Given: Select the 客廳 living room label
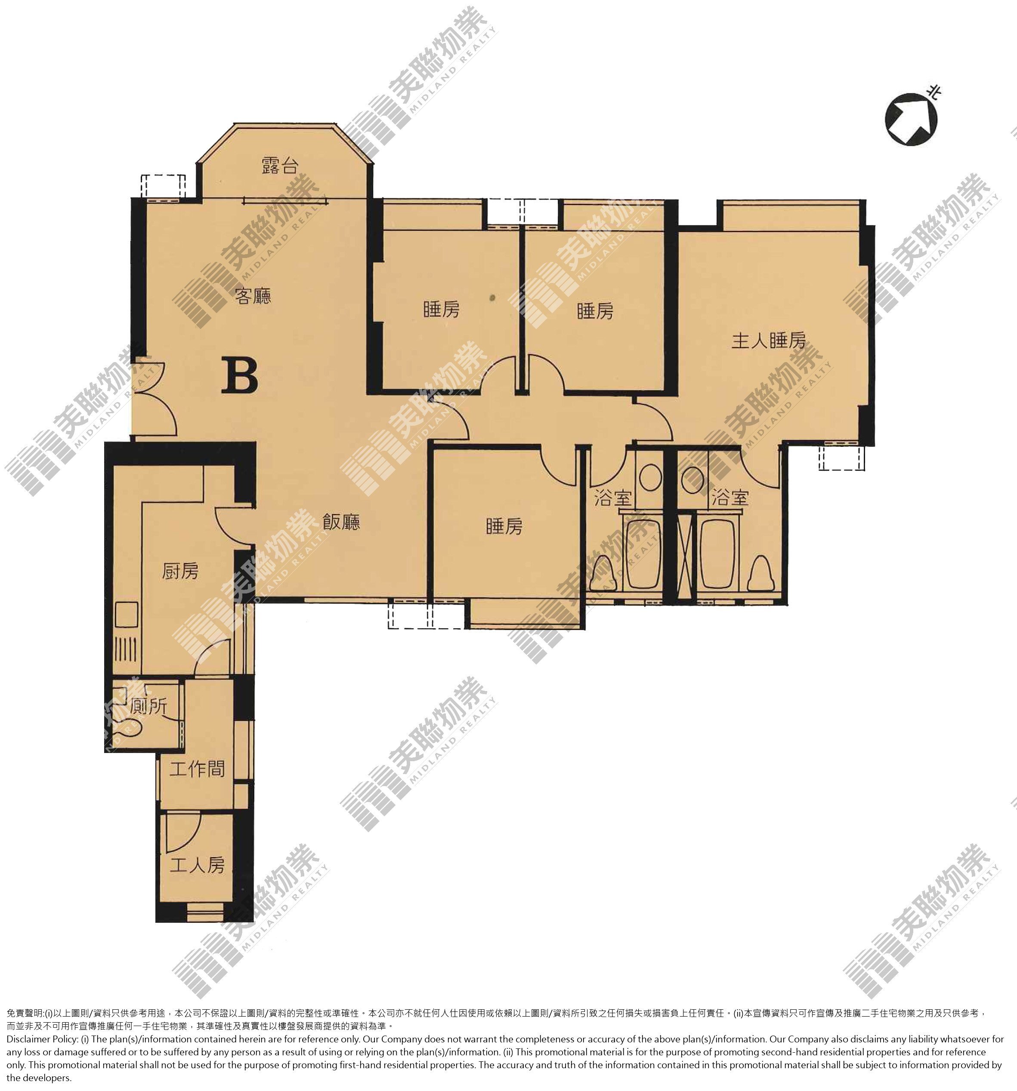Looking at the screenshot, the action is pyautogui.click(x=253, y=296).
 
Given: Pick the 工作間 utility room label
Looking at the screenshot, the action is pyautogui.click(x=197, y=769).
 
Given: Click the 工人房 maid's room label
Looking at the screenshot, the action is pyautogui.click(x=197, y=866).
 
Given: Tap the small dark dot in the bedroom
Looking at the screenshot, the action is pyautogui.click(x=492, y=298).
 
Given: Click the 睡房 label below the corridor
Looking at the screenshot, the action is pyautogui.click(x=504, y=526).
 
